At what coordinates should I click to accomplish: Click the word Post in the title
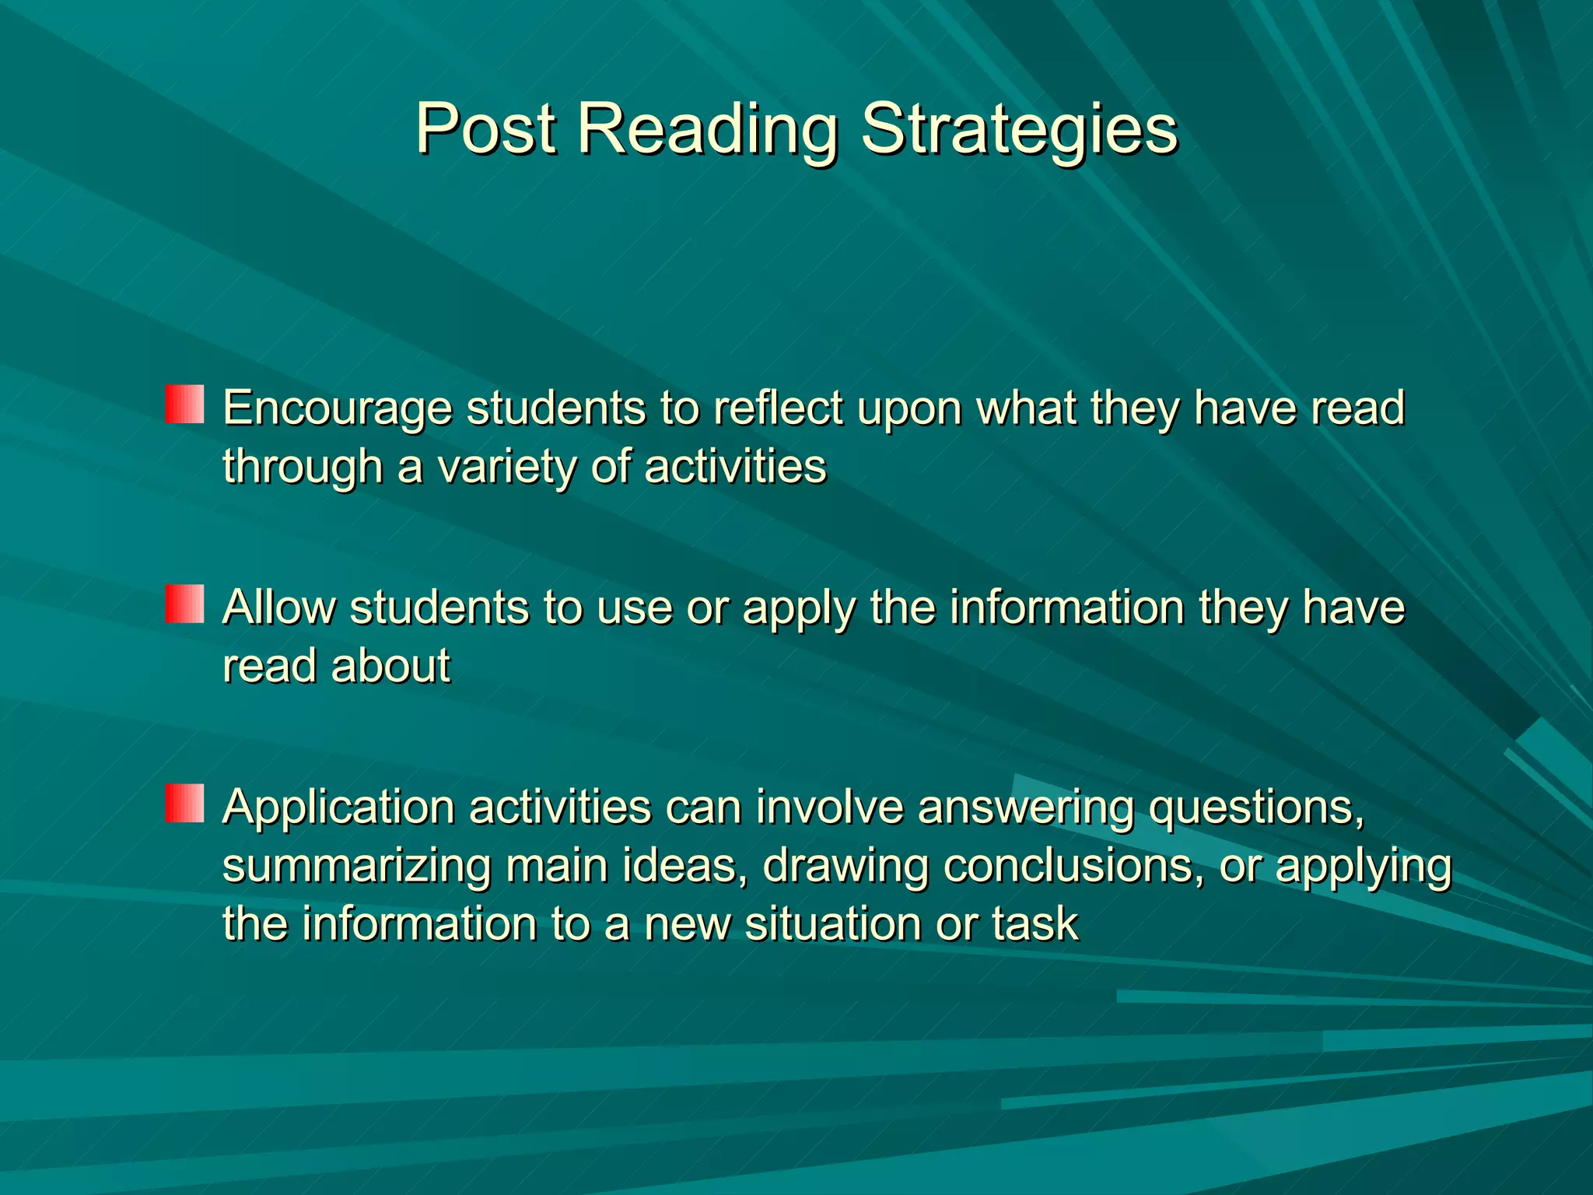485,128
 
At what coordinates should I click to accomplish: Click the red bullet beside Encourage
184,404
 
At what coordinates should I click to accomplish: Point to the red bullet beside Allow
184,604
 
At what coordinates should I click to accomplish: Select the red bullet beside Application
184,803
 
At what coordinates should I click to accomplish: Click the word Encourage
337,409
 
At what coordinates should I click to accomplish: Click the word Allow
278,608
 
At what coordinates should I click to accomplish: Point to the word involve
830,807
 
